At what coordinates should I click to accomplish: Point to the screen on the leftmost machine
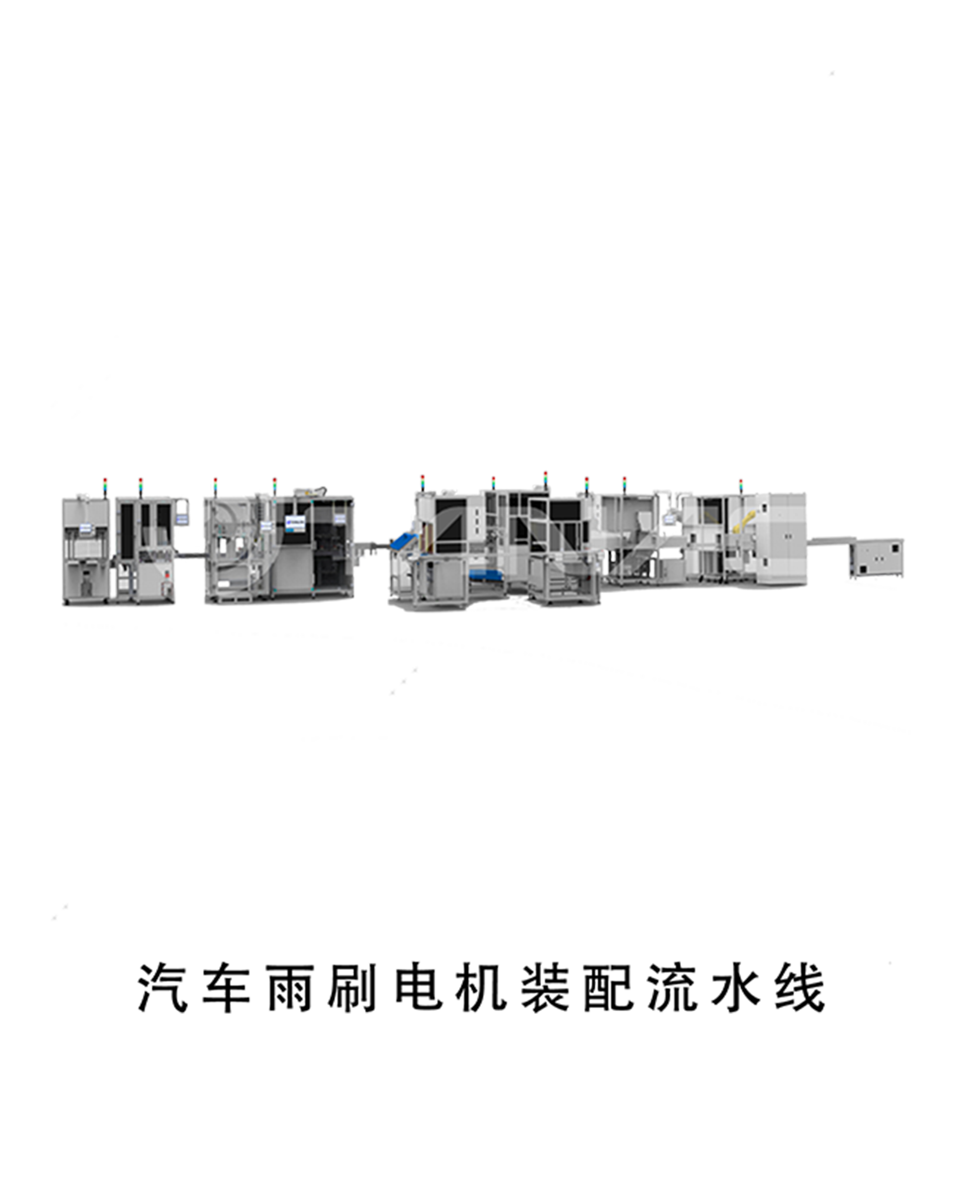click(85, 528)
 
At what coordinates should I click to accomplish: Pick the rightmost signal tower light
click(741, 486)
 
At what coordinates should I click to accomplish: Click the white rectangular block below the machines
click(329, 783)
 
